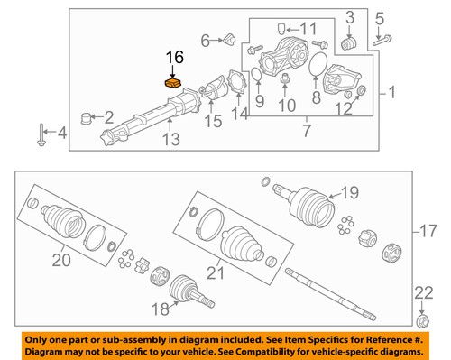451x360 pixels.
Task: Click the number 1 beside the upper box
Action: [392, 91]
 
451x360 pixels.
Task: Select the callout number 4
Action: [61, 135]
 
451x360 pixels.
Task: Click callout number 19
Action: [349, 191]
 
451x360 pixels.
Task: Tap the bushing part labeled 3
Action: [352, 42]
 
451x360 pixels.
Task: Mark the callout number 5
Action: [381, 16]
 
